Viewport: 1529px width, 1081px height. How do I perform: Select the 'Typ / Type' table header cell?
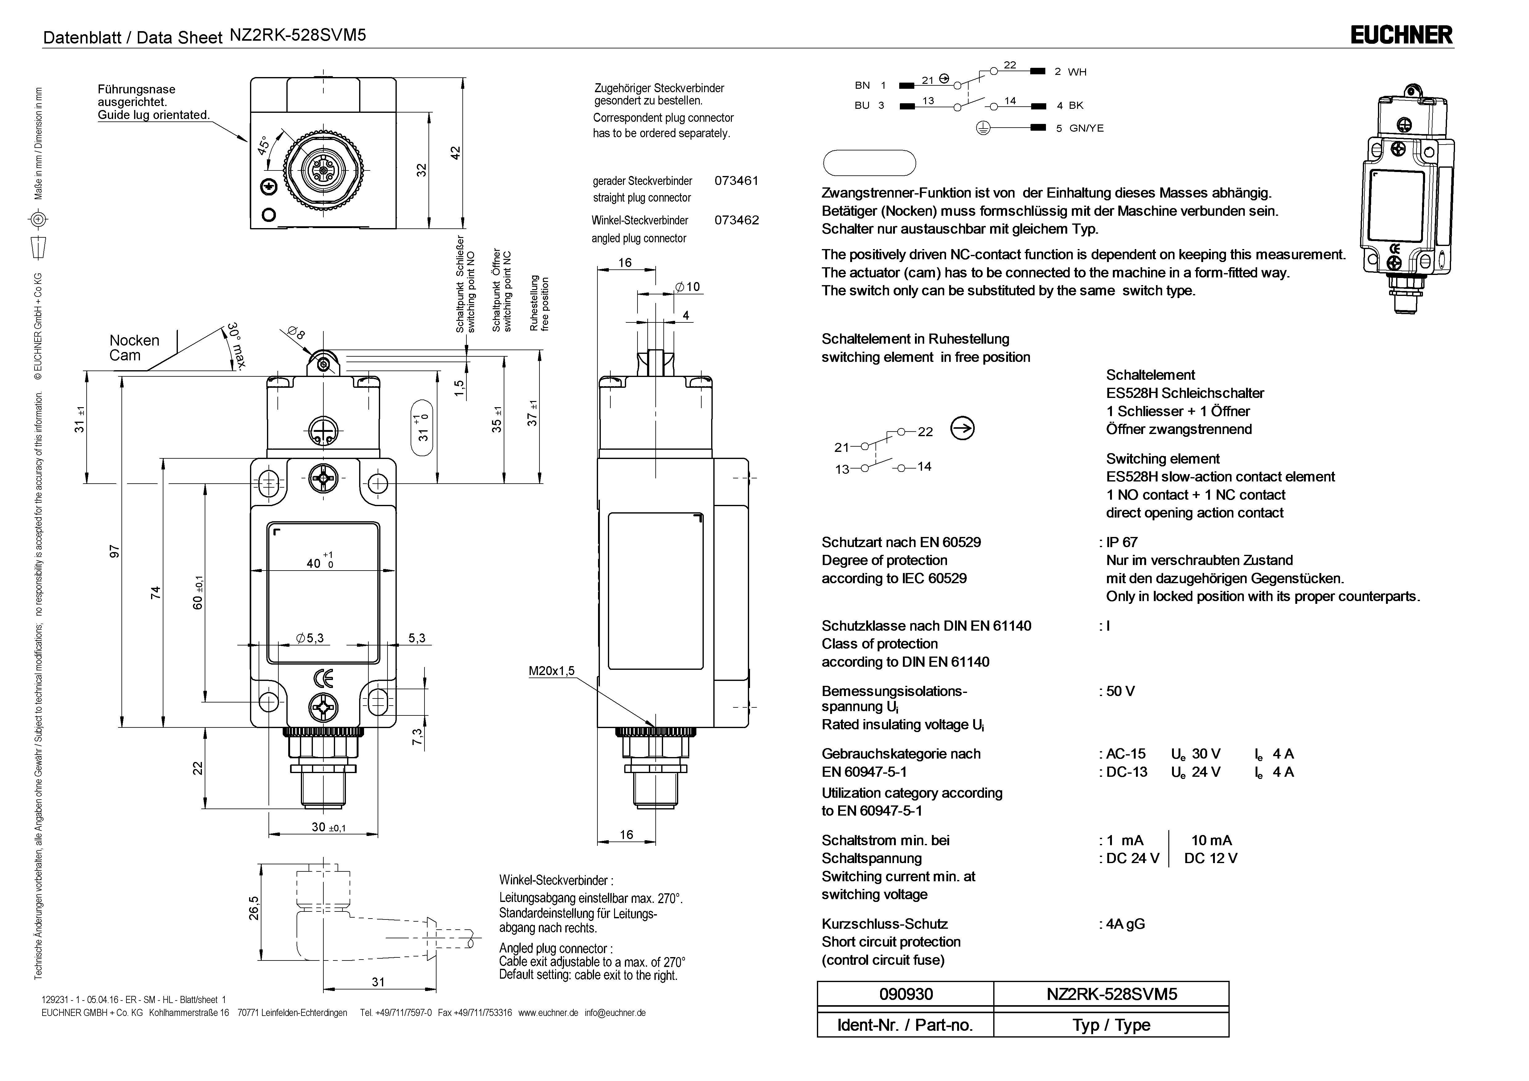[1111, 1025]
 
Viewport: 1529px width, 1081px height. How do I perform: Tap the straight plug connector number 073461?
[736, 181]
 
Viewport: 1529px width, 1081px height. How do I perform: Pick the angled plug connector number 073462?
[736, 220]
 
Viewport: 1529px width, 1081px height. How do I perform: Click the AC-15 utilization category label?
[1125, 754]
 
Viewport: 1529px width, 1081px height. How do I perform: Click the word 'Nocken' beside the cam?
[134, 340]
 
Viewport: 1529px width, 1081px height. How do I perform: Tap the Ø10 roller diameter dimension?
[688, 287]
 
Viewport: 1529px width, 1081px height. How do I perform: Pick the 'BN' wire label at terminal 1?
[863, 85]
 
